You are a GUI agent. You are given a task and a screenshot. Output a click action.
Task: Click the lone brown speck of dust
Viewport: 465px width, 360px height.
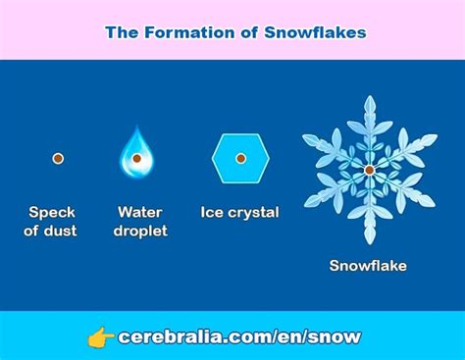point(58,158)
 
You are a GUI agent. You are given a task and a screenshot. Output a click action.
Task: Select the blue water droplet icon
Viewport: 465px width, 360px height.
point(136,154)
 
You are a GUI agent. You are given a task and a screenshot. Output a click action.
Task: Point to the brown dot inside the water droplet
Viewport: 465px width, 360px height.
point(136,159)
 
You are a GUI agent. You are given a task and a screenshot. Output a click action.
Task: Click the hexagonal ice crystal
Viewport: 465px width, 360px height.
point(239,158)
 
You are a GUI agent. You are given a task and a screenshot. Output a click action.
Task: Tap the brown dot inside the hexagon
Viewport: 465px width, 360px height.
point(239,159)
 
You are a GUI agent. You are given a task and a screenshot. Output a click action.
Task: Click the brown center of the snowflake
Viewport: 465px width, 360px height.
point(369,170)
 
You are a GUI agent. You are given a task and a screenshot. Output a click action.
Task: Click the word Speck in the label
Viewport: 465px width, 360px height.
point(52,212)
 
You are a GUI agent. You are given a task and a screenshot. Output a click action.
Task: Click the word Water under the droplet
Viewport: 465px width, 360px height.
point(140,212)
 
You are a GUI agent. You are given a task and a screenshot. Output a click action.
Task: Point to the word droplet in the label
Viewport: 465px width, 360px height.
point(140,231)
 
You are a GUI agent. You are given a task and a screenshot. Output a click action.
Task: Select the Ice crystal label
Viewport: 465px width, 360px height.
point(239,212)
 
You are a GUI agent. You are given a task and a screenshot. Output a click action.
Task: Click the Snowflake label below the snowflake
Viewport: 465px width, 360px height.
point(368,265)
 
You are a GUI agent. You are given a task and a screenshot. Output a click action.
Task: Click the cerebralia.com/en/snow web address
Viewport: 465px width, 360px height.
point(239,337)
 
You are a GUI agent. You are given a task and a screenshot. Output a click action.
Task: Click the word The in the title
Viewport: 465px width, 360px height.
point(122,32)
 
